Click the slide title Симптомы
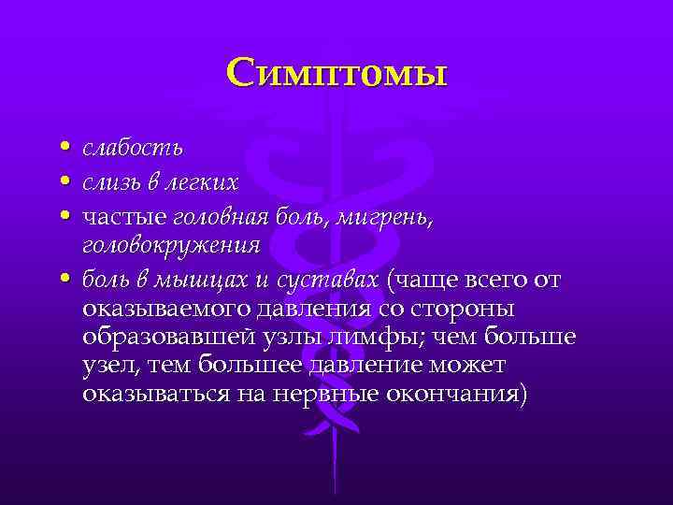pyautogui.click(x=337, y=72)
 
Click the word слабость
pyautogui.click(x=132, y=149)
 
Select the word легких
pyautogui.click(x=204, y=180)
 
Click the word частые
pyautogui.click(x=122, y=216)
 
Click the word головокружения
pyautogui.click(x=171, y=246)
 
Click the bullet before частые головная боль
pyautogui.click(x=62, y=216)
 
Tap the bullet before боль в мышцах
pyautogui.click(x=62, y=280)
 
